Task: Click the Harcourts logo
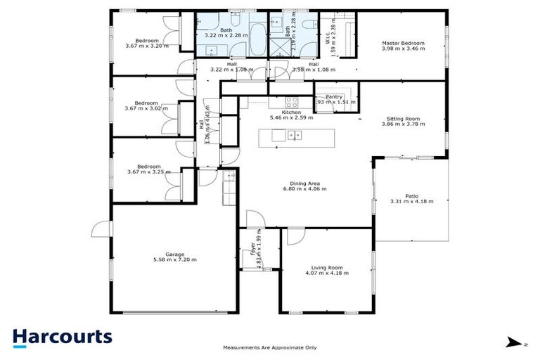click(x=62, y=336)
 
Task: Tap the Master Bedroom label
click(x=403, y=43)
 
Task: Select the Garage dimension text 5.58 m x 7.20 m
click(x=175, y=259)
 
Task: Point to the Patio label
click(x=411, y=196)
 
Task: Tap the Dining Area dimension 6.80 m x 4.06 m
click(x=301, y=189)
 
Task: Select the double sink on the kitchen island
click(x=295, y=135)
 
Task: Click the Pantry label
click(x=334, y=97)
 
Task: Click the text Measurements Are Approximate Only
click(x=270, y=347)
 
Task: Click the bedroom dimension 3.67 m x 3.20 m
click(x=146, y=46)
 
